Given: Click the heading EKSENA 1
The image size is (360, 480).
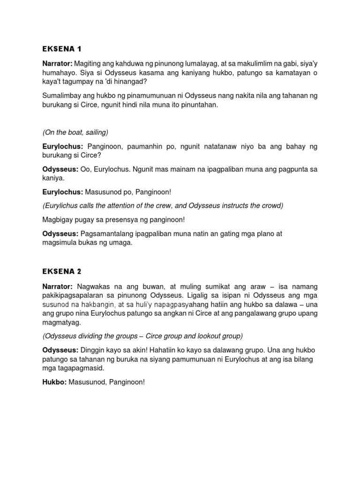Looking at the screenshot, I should (x=62, y=48).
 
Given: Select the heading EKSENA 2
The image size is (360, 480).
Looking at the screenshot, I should (x=62, y=271).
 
